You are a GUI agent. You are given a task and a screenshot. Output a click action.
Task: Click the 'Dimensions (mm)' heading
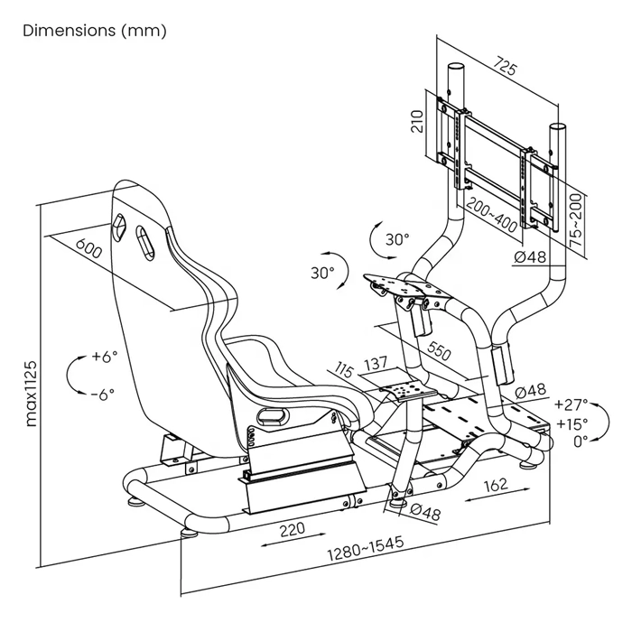(95, 32)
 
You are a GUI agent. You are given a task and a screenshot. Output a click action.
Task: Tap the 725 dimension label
(506, 68)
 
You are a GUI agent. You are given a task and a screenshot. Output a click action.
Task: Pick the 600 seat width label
(87, 248)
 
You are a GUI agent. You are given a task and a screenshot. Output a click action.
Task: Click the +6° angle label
(105, 357)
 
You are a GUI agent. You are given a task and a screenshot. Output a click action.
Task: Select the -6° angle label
(105, 395)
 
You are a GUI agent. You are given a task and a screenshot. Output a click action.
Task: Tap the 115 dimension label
(344, 370)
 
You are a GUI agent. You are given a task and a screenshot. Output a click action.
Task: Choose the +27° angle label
(571, 404)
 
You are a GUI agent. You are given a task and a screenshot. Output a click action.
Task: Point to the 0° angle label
(579, 440)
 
